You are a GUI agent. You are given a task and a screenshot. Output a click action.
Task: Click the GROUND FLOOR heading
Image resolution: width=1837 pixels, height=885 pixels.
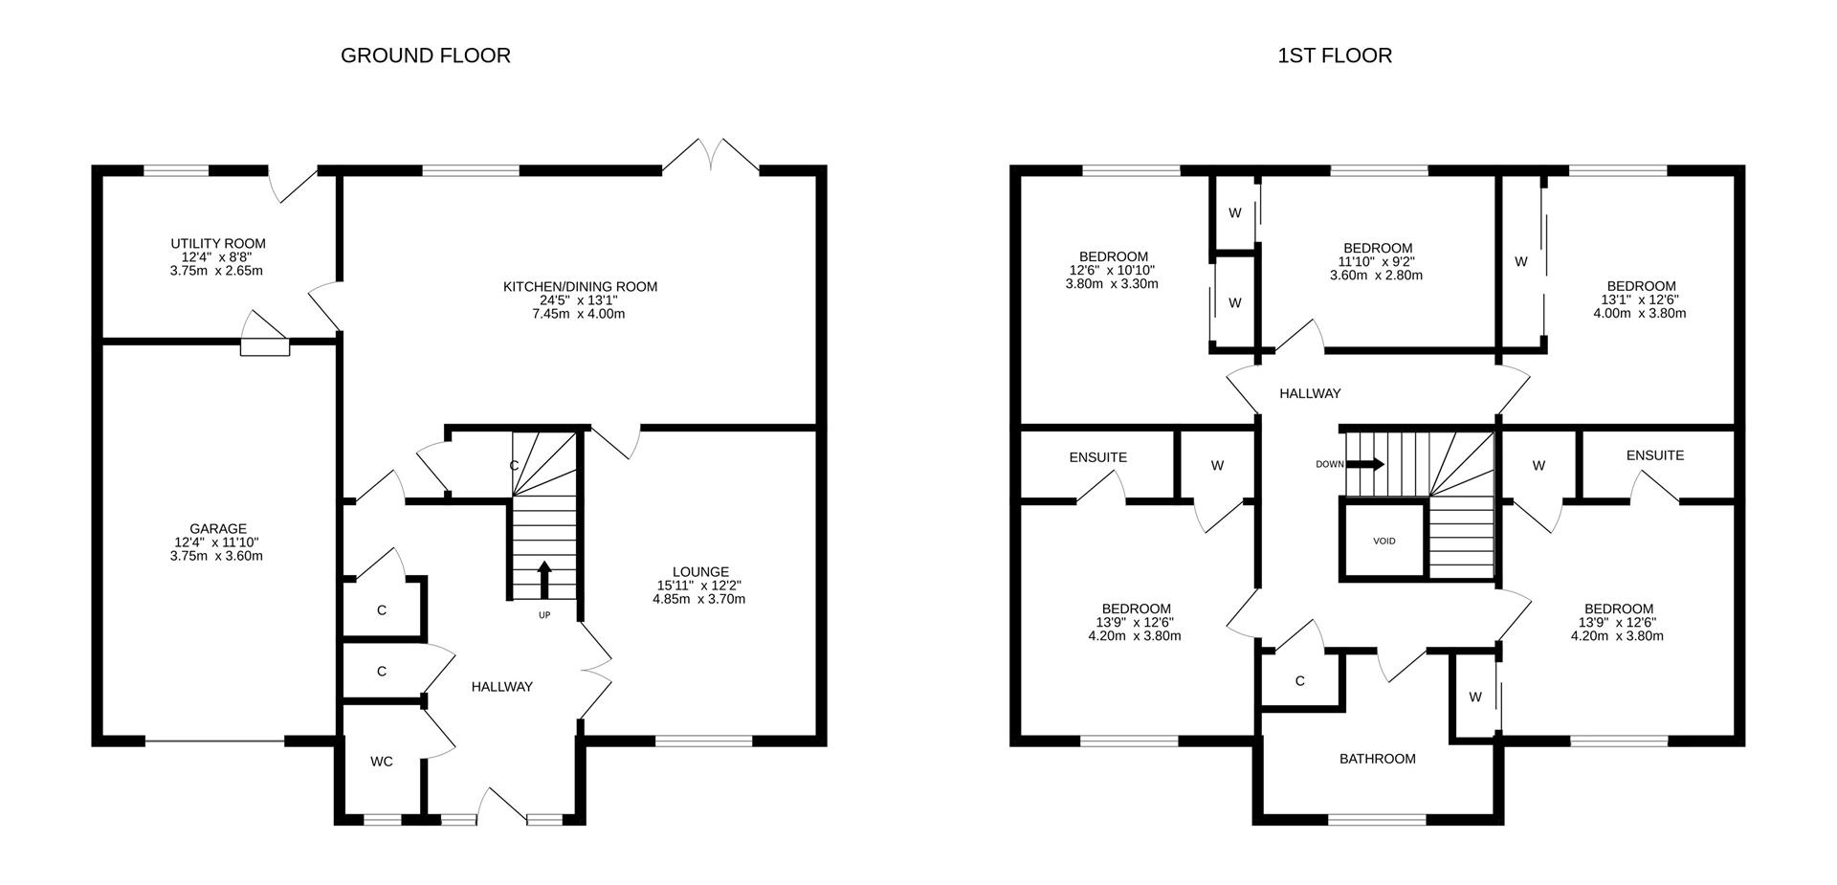coord(425,55)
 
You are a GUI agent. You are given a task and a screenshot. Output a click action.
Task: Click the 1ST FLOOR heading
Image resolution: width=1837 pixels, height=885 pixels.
coord(1334,55)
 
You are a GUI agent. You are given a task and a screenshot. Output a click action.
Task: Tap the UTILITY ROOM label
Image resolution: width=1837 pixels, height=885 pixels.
coord(218,244)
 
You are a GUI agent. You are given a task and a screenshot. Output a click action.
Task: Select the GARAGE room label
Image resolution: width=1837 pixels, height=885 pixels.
coord(217,528)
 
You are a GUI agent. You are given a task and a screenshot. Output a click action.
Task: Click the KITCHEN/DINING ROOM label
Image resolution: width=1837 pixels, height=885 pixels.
coord(580,286)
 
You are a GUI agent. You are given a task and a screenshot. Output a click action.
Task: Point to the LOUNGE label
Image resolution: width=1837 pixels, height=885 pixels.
coord(699,572)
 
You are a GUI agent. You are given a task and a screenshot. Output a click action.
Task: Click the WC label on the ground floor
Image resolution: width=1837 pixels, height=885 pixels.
coord(381,762)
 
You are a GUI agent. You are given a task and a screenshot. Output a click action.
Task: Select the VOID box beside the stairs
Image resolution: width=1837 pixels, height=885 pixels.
coord(1383,542)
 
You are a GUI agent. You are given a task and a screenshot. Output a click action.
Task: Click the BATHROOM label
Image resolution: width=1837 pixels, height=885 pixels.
coord(1377,759)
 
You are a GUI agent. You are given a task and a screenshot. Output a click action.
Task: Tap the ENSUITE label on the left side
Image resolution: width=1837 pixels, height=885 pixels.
coord(1097,457)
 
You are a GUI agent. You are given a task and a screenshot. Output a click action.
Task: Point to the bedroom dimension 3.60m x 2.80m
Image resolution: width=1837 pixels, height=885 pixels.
coord(1376,276)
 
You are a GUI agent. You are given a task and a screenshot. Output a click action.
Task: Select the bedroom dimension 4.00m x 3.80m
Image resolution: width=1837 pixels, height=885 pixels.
coord(1639,313)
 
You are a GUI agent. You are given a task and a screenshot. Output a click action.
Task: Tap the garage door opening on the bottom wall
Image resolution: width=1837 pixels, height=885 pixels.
coord(214,741)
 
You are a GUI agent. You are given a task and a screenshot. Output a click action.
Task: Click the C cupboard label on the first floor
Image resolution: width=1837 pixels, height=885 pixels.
coord(1299,681)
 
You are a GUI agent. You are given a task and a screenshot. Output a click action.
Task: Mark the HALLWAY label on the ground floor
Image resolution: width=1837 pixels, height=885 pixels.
coord(501,686)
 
